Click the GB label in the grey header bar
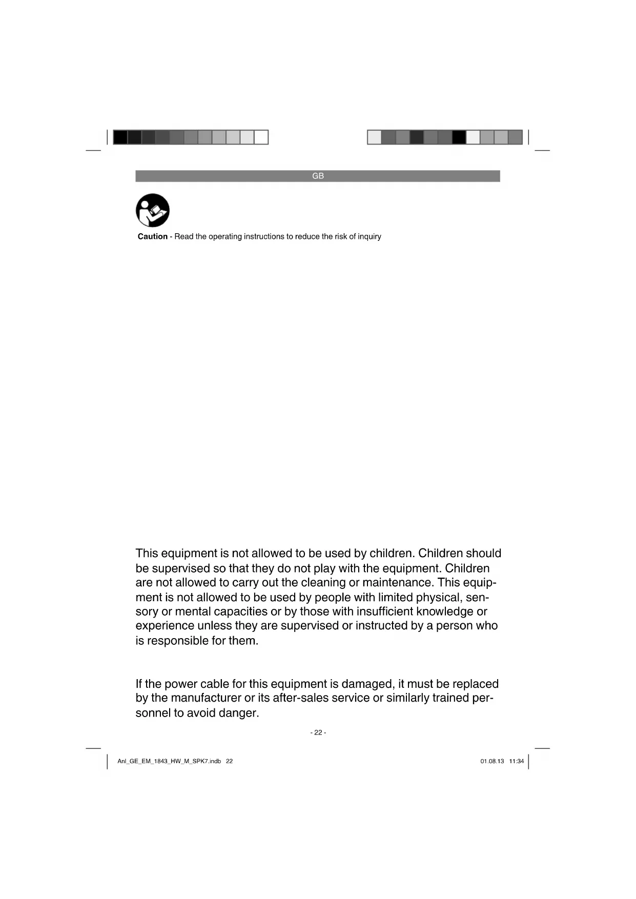tap(318, 176)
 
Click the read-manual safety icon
tap(153, 210)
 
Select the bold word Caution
tap(152, 236)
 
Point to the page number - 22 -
tap(318, 732)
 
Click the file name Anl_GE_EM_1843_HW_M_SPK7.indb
tap(169, 761)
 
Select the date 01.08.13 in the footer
tap(492, 761)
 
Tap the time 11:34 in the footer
tap(517, 761)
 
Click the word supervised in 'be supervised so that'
tap(181, 568)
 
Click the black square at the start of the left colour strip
tap(120, 137)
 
